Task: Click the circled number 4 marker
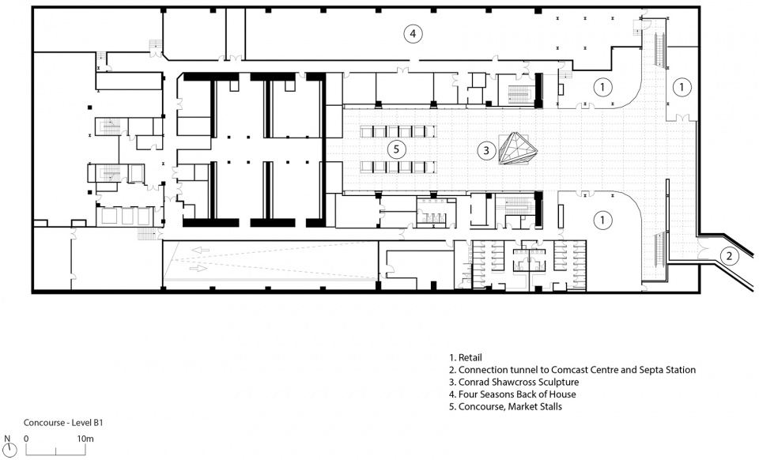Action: [x=413, y=33]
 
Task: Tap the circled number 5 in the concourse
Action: [x=396, y=149]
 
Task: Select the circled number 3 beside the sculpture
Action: [x=486, y=150]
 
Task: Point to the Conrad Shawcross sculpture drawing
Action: [x=518, y=149]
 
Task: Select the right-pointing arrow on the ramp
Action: [x=198, y=267]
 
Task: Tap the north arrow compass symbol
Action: [x=7, y=450]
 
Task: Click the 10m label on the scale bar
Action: [x=85, y=439]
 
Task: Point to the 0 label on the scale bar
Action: [x=26, y=439]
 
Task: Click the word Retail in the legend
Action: [x=470, y=358]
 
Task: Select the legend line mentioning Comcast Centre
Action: [x=572, y=370]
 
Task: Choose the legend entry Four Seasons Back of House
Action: [x=512, y=394]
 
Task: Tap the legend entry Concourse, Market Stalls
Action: [x=505, y=406]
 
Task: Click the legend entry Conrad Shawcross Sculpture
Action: [x=514, y=382]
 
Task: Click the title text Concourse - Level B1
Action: [x=63, y=423]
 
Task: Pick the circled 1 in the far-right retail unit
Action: [x=682, y=87]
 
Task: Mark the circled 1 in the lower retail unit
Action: [x=602, y=220]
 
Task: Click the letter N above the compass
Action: [x=7, y=439]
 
